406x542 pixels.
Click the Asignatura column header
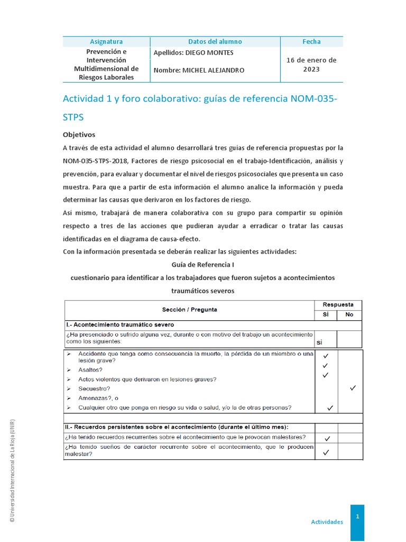coord(106,41)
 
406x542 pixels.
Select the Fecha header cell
coord(311,41)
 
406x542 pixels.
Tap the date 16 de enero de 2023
coord(311,65)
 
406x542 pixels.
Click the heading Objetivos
coord(79,134)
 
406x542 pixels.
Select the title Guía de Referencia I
coord(203,264)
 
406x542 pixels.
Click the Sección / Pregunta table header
coord(189,310)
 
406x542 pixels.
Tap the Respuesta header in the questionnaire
coord(338,305)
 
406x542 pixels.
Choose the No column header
coord(349,314)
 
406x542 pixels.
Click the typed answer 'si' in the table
coord(319,342)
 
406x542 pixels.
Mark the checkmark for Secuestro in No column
coord(353,388)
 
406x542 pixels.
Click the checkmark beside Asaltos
coord(326,366)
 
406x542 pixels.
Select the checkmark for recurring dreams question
coord(326,452)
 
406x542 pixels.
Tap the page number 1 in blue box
coord(357,516)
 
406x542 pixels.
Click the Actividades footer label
coord(327,521)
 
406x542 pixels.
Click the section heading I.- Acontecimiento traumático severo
coord(120,324)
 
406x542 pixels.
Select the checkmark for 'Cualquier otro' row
coord(330,408)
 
